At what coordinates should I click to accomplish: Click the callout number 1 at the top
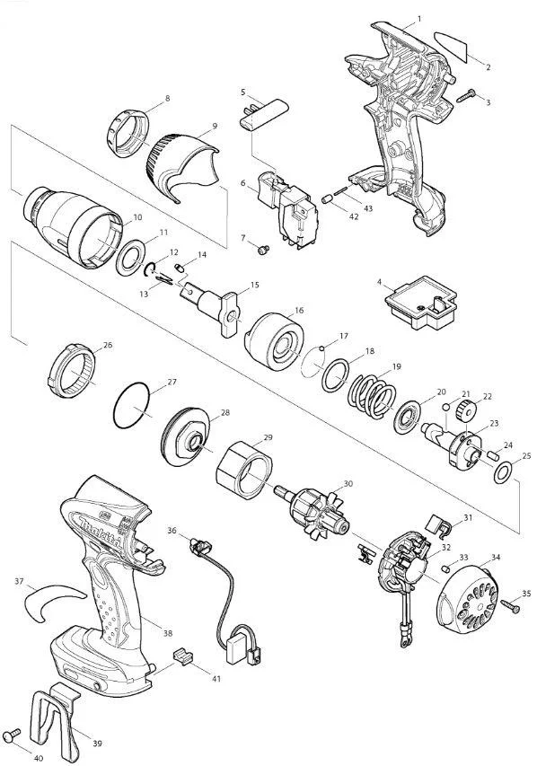tap(419, 19)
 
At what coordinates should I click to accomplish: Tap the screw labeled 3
tap(465, 95)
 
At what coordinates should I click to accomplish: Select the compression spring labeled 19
tap(372, 395)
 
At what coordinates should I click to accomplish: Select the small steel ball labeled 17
tap(321, 348)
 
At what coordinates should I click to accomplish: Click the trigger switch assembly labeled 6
tap(288, 207)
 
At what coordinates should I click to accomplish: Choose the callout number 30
tap(348, 484)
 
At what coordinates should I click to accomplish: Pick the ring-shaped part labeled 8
tap(127, 133)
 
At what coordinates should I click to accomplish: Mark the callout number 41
tap(216, 679)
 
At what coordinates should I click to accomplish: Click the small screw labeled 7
tap(263, 251)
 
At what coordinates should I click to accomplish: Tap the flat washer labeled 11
tap(130, 258)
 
